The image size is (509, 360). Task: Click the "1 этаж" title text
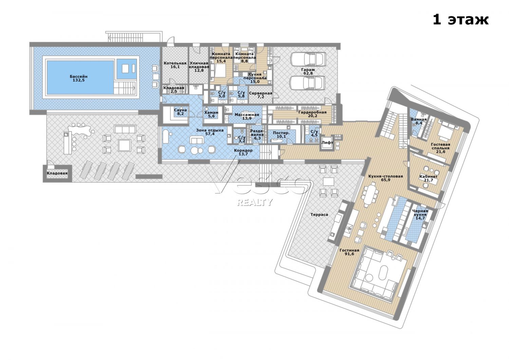(x=460, y=20)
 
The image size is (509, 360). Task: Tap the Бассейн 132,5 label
(x=79, y=78)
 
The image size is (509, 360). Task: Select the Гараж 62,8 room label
(x=308, y=71)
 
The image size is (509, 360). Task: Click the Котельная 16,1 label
(x=175, y=65)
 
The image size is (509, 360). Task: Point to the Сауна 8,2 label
(x=181, y=112)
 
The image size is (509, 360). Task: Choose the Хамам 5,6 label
(x=211, y=114)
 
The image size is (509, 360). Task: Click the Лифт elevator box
(x=327, y=143)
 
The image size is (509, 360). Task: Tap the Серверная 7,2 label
(x=261, y=95)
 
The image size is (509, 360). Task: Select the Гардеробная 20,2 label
(x=313, y=114)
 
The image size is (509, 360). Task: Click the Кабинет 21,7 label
(x=428, y=178)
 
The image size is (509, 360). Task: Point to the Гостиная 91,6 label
(x=350, y=252)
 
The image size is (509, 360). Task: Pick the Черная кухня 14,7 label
(x=420, y=214)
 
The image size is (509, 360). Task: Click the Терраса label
(x=319, y=214)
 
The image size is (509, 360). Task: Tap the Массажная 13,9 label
(x=247, y=116)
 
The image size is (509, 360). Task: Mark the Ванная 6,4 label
(x=419, y=121)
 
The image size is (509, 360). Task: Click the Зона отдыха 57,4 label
(x=210, y=132)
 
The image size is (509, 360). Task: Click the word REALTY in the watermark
(x=254, y=202)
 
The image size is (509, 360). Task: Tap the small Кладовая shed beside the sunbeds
(x=57, y=173)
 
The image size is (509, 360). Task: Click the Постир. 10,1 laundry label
(x=281, y=134)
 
